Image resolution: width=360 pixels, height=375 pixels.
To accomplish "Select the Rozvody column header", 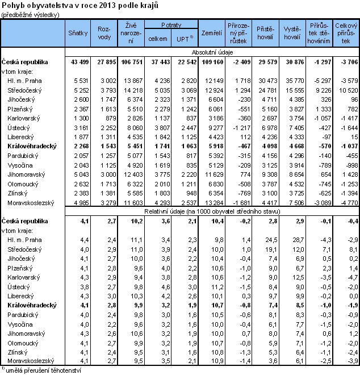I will (103, 34).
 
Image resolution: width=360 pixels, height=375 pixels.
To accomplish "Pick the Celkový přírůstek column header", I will (346, 34).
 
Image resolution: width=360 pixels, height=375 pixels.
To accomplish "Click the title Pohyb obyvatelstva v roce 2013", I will (80, 5).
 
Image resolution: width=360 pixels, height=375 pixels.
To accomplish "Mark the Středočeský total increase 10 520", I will (347, 90).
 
